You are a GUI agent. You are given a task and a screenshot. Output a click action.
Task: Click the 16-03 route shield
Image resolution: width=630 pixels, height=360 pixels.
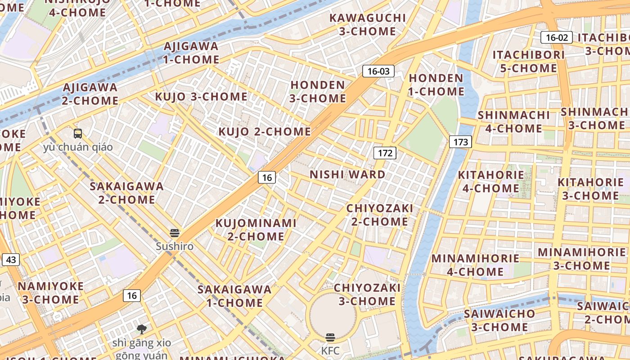pyautogui.click(x=378, y=71)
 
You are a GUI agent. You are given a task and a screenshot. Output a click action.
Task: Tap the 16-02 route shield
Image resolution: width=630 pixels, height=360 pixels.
pyautogui.click(x=557, y=37)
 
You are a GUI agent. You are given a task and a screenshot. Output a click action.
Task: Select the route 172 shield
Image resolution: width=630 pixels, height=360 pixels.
pyautogui.click(x=385, y=153)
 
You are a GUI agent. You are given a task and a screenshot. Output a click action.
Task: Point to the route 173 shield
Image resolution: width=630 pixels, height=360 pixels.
pyautogui.click(x=460, y=142)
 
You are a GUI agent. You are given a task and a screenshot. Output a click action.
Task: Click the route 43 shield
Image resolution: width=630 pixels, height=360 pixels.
pyautogui.click(x=11, y=260)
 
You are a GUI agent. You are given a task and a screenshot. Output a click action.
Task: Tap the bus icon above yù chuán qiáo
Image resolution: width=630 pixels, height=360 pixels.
pyautogui.click(x=78, y=133)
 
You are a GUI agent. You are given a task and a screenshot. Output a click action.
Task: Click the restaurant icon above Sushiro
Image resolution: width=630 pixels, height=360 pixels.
pyautogui.click(x=175, y=233)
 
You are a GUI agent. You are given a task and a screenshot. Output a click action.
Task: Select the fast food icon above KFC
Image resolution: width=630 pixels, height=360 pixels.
pyautogui.click(x=330, y=337)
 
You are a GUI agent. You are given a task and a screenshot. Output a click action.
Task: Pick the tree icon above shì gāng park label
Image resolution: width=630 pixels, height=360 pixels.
pyautogui.click(x=142, y=329)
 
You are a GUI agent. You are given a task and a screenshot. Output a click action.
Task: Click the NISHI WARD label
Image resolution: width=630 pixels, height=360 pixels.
pyautogui.click(x=347, y=175)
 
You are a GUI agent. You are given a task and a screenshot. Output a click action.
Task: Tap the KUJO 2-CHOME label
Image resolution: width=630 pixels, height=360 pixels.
pyautogui.click(x=265, y=132)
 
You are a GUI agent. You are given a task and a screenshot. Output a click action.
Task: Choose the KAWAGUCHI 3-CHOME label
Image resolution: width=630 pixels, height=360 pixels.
pyautogui.click(x=368, y=25)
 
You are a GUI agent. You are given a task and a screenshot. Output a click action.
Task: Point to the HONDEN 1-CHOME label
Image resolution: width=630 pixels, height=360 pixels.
pyautogui.click(x=436, y=85)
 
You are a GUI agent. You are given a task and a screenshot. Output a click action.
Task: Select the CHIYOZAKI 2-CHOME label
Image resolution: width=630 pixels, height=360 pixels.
pyautogui.click(x=379, y=215)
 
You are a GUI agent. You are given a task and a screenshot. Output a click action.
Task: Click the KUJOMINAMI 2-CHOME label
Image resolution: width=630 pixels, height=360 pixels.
pyautogui.click(x=256, y=229)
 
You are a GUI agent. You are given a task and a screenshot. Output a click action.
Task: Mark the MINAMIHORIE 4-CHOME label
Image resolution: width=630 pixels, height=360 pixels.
pyautogui.click(x=475, y=265)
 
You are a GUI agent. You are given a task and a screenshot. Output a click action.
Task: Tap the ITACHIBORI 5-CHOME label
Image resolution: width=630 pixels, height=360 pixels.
pyautogui.click(x=528, y=62)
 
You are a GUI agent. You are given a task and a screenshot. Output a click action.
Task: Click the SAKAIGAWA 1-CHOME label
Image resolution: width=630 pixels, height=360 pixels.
pyautogui.click(x=234, y=296)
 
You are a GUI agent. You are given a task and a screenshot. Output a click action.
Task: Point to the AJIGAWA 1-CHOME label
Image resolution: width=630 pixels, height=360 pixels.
pyautogui.click(x=191, y=53)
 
